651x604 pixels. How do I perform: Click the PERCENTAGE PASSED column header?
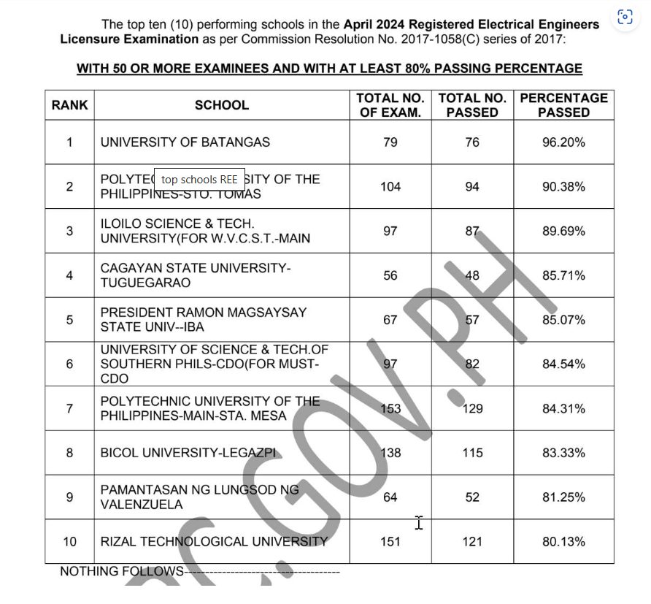click(x=563, y=105)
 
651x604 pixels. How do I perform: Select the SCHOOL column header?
click(x=221, y=105)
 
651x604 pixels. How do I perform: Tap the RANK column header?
click(x=69, y=105)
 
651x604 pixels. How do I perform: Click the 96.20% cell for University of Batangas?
click(x=563, y=142)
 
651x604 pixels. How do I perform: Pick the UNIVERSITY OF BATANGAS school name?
click(x=185, y=142)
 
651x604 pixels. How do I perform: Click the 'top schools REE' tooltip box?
click(x=199, y=180)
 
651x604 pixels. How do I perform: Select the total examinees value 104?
click(x=390, y=187)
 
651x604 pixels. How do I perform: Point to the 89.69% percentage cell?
click(x=563, y=232)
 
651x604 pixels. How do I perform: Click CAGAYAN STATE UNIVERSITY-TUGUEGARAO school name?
click(x=195, y=275)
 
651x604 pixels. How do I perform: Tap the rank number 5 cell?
click(x=69, y=320)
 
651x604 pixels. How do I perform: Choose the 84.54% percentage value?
click(x=563, y=364)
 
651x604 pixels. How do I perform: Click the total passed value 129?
click(x=472, y=408)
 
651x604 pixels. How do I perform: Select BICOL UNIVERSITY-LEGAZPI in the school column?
click(x=189, y=453)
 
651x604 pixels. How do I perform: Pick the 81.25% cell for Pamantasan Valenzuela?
click(x=563, y=497)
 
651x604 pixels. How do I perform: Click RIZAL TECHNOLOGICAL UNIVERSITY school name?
click(x=214, y=542)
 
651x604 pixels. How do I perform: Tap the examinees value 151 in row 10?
click(x=390, y=542)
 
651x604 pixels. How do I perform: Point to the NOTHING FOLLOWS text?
click(x=121, y=571)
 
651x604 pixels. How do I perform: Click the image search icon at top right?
click(x=625, y=18)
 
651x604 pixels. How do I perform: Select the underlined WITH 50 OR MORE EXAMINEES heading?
click(x=329, y=69)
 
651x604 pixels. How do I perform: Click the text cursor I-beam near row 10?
click(x=419, y=522)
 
